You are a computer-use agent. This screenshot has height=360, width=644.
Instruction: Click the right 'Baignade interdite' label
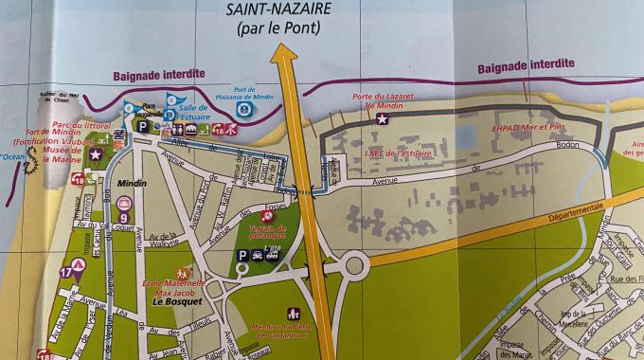526,65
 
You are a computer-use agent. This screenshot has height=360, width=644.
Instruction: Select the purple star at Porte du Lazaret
382,119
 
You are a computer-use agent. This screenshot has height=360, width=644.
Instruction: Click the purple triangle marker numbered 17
66,272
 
